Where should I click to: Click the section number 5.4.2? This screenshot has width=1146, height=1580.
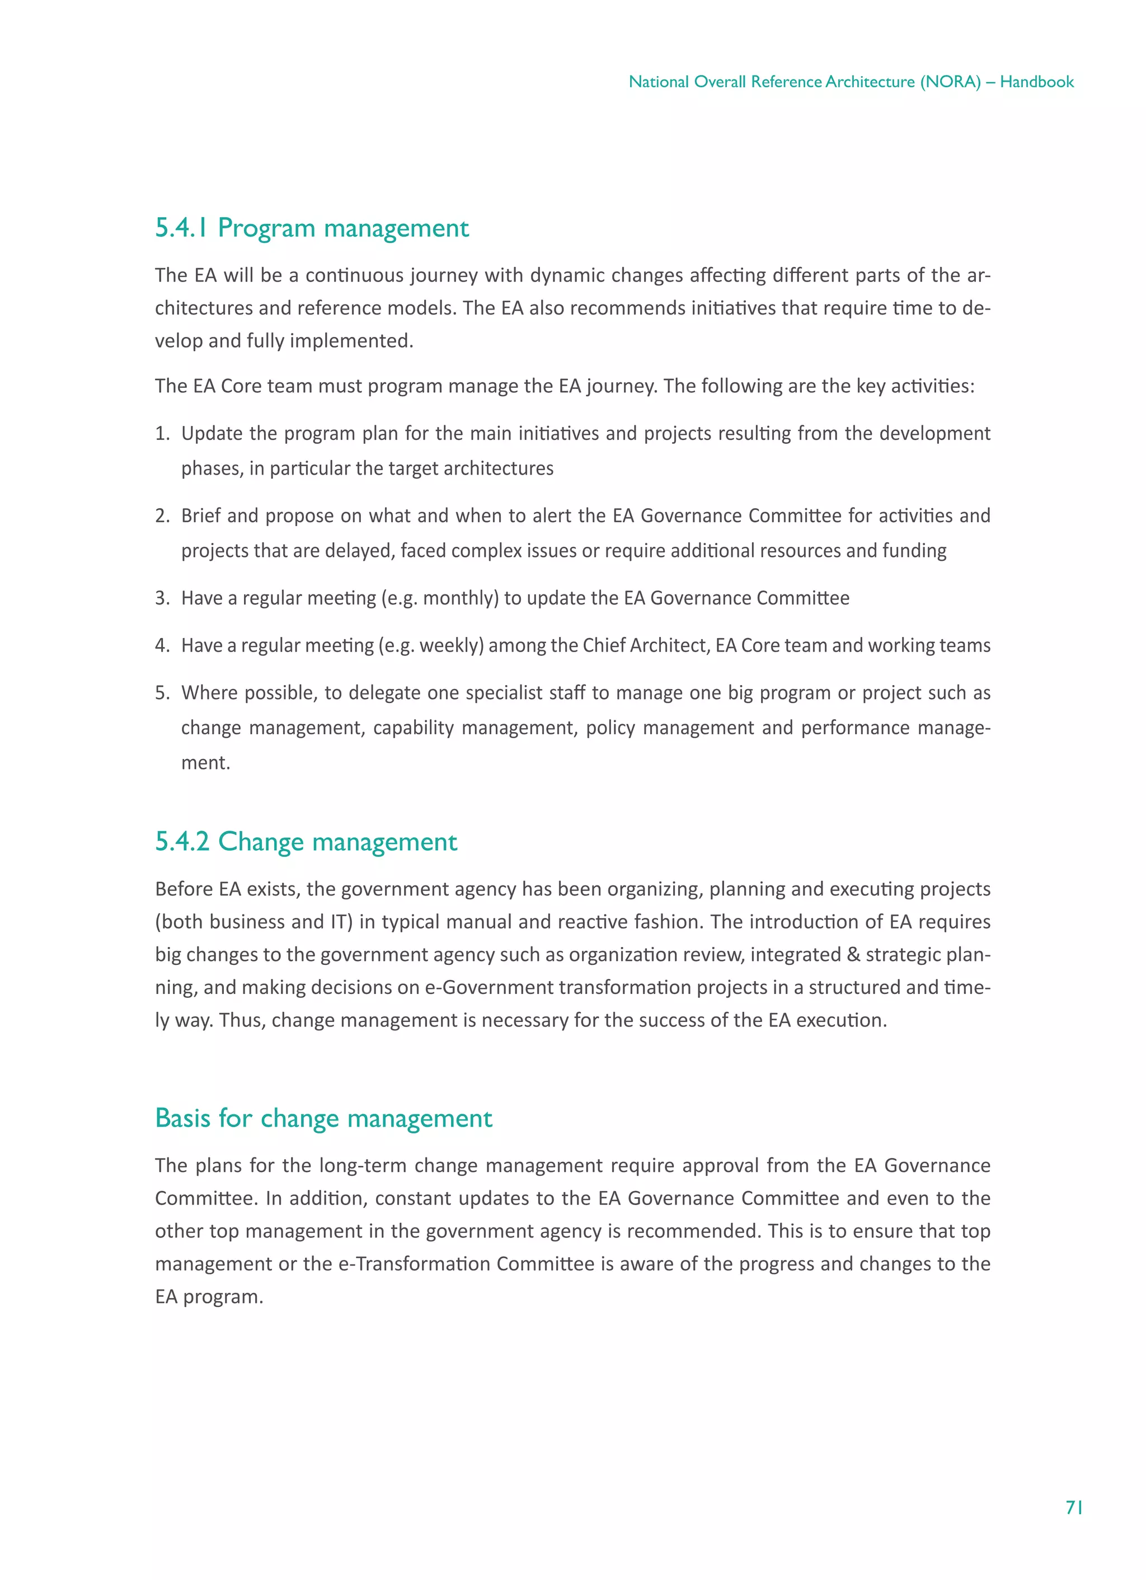click(x=182, y=842)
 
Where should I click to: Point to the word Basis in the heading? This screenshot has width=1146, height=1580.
click(x=182, y=1118)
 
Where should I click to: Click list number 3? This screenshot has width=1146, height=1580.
click(x=162, y=598)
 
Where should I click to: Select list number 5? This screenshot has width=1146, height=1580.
click(x=162, y=693)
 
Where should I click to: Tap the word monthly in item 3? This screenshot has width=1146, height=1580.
click(x=458, y=598)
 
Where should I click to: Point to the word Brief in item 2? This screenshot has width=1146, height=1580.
click(x=201, y=516)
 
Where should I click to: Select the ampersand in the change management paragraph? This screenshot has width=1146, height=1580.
click(x=853, y=954)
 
